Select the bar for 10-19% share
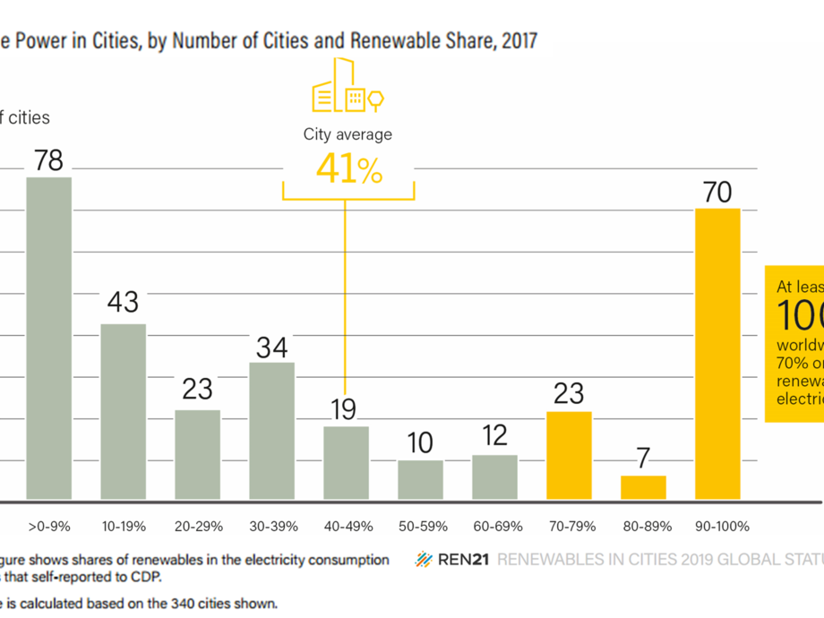pos(123,411)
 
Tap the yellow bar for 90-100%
pos(717,353)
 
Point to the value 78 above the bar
pos(48,160)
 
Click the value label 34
pos(271,347)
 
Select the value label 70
pos(717,193)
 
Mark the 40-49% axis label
pos(346,527)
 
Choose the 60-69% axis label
pos(494,527)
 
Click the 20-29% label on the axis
pos(197,527)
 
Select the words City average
pos(348,135)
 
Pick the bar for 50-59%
pos(420,479)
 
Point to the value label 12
pos(494,436)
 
